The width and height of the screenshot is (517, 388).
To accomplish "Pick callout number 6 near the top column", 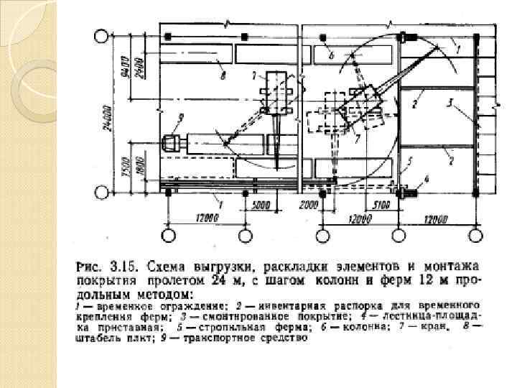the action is [331, 55].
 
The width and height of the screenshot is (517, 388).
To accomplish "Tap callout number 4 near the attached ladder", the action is [427, 178].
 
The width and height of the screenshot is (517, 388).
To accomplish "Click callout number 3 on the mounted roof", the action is [449, 103].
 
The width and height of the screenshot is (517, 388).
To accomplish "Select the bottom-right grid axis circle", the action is [475, 235].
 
